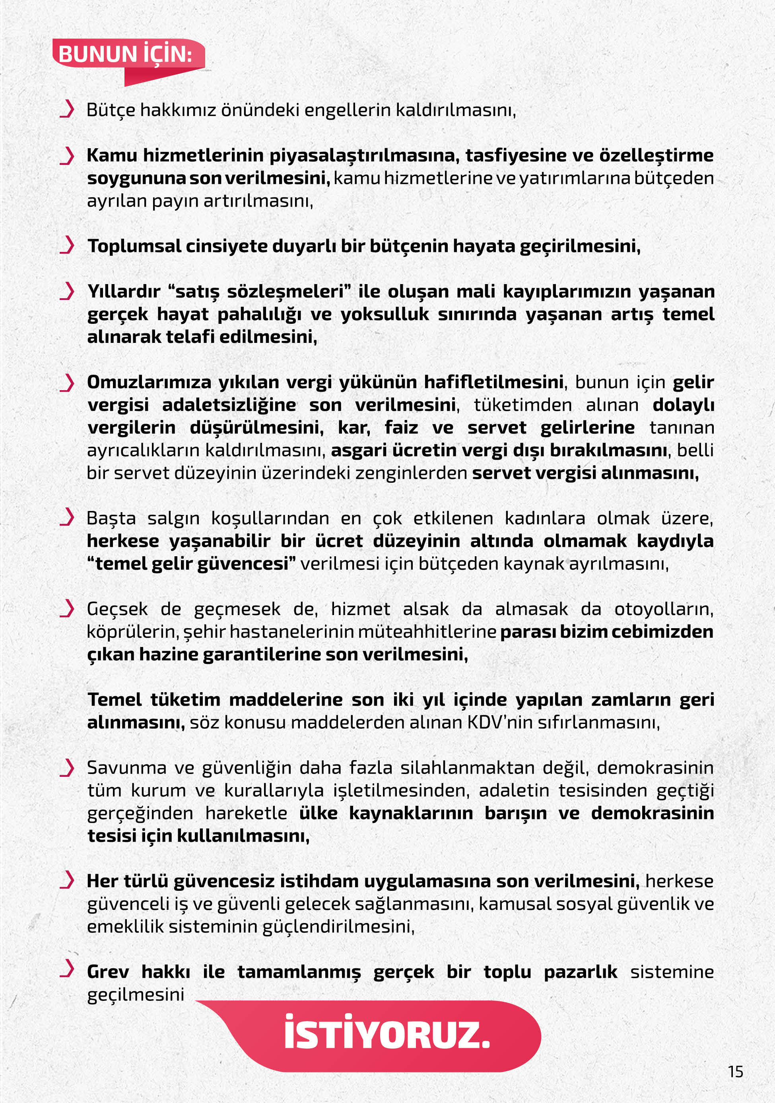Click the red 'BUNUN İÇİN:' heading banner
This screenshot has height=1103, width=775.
[126, 54]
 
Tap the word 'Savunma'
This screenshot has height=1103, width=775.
[126, 768]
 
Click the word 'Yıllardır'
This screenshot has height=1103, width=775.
[124, 292]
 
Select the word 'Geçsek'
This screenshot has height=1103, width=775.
[117, 609]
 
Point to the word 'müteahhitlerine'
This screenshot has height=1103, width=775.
[426, 632]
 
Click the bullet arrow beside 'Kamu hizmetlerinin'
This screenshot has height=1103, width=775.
[67, 155]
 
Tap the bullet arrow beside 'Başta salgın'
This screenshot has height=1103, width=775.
[67, 517]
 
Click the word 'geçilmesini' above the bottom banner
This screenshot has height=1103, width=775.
[136, 995]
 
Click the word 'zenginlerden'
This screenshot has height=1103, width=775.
[411, 473]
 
